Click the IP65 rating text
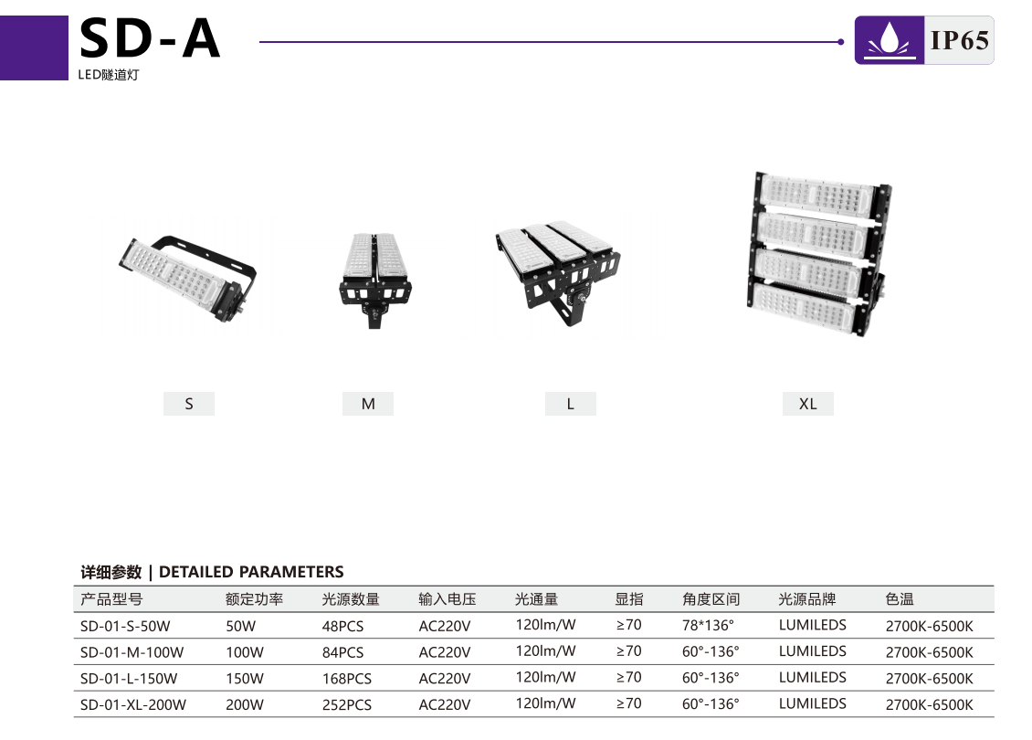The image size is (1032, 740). [x=959, y=40]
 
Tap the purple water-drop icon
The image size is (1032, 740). [x=890, y=40]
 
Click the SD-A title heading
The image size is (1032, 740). [x=150, y=38]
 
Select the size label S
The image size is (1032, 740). [x=189, y=404]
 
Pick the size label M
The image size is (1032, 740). [x=368, y=404]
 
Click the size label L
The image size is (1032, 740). [x=571, y=404]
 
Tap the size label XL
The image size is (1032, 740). [x=808, y=404]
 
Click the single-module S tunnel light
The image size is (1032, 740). [x=187, y=278]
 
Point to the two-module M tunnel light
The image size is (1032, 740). [x=375, y=280]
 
